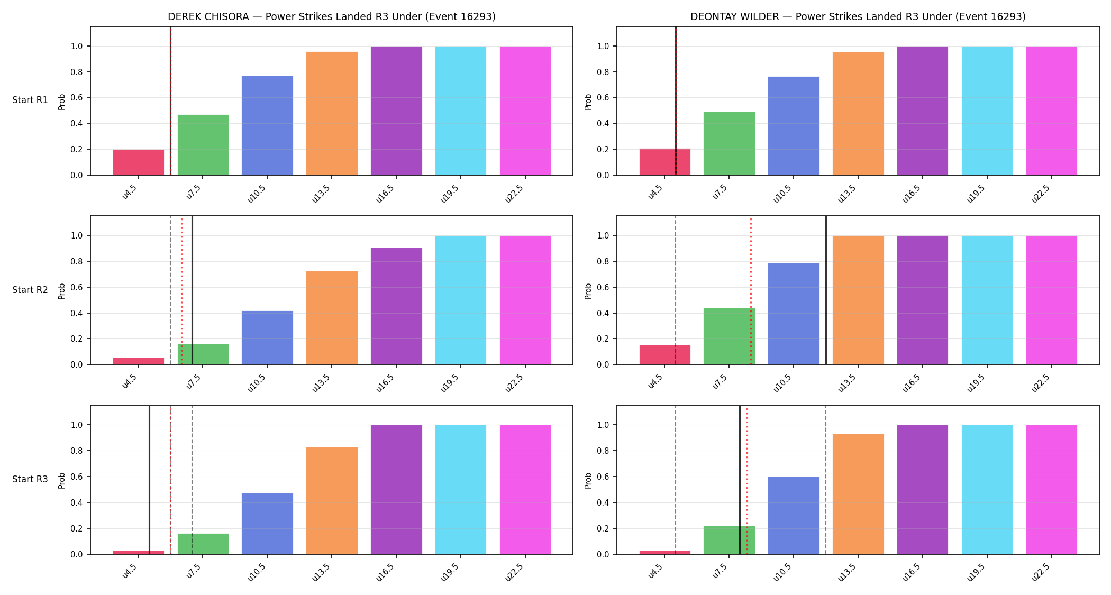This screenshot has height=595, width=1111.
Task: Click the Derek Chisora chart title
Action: pos(332,16)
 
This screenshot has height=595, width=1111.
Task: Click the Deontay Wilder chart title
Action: pos(858,16)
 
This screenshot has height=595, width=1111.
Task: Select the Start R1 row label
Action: pos(30,100)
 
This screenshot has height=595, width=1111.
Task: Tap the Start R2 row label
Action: pos(30,290)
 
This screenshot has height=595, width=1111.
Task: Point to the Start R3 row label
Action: pos(30,479)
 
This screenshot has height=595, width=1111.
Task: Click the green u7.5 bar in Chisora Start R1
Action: pos(203,145)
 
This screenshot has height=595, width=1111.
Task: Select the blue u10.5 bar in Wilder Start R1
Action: pos(794,126)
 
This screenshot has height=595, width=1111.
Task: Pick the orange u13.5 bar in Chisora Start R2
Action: pos(332,318)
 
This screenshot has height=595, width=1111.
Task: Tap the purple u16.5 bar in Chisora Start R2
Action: pos(396,306)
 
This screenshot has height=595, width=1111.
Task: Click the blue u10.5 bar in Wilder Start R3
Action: pos(794,516)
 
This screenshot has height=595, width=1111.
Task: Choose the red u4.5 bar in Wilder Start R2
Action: pos(665,355)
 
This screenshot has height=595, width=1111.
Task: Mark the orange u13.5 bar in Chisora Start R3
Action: pos(332,501)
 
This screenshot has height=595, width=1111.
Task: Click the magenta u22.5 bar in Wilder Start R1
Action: pos(1052,111)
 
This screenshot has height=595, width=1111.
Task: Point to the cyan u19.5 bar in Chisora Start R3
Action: pos(461,490)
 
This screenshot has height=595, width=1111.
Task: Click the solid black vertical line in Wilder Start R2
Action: pos(826,290)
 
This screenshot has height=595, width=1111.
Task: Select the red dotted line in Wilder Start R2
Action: pos(751,290)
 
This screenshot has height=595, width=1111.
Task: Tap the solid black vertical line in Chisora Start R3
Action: pos(149,480)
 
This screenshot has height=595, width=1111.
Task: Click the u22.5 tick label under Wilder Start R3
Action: pos(1041,571)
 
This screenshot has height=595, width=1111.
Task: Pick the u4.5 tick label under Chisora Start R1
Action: pos(130,191)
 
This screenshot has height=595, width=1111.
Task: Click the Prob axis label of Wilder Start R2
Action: pos(588,291)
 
